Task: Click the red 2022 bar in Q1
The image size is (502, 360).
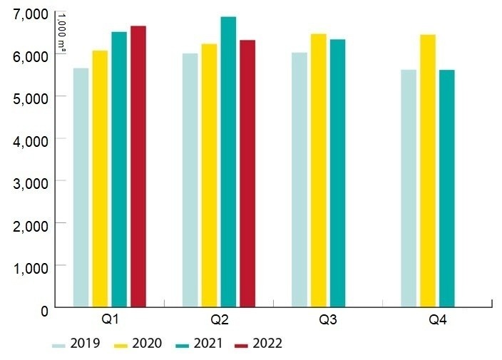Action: (138, 167)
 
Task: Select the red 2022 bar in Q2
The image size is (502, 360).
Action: (247, 174)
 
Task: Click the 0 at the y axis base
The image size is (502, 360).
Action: (43, 309)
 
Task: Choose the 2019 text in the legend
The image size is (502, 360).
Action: (86, 344)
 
